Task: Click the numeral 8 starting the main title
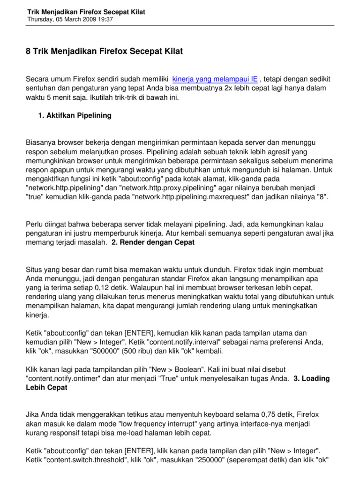28,50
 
